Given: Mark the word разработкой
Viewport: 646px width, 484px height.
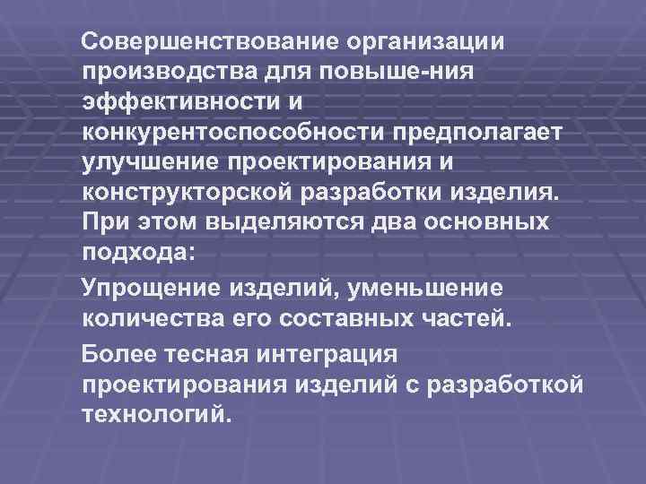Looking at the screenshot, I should [510, 384].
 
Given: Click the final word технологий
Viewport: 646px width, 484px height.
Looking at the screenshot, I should [158, 415].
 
